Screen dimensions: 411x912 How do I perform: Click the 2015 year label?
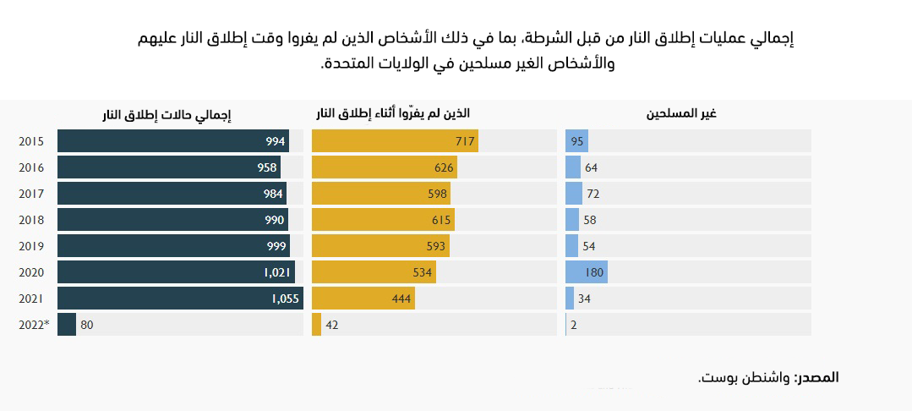tap(31, 141)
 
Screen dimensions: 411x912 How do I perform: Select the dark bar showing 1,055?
tap(180, 299)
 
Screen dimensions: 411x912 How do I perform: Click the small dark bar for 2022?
tap(67, 325)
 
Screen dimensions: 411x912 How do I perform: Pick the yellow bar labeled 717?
tap(395, 141)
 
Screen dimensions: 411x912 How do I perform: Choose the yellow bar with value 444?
tap(363, 299)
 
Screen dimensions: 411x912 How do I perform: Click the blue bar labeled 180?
tap(587, 272)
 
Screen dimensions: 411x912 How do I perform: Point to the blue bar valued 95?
tap(576, 141)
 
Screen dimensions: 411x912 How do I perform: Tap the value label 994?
tap(276, 141)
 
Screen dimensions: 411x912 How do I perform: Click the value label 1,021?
tap(277, 272)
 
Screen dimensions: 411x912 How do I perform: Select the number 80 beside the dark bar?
tap(87, 325)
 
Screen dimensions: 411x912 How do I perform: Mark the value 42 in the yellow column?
tap(332, 325)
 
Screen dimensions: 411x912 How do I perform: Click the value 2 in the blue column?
tap(574, 325)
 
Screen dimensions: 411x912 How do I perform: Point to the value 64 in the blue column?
tap(591, 167)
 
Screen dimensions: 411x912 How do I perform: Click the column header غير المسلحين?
tap(688, 113)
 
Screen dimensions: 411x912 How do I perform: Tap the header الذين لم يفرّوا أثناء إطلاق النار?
tap(392, 113)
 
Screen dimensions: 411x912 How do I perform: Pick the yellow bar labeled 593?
tap(380, 246)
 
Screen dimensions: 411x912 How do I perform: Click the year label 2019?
tap(31, 246)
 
